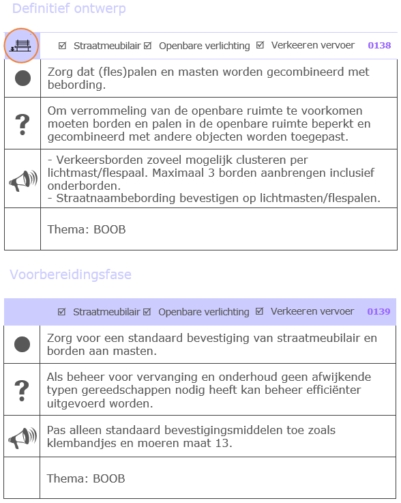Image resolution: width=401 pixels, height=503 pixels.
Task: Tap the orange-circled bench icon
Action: pos(22,46)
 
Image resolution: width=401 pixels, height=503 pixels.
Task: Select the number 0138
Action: pos(379,46)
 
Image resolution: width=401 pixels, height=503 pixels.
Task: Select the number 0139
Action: pos(379,312)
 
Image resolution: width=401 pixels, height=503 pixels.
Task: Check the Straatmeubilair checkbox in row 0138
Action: pos(63,46)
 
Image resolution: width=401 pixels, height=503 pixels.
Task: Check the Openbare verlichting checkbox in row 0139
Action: pos(147,312)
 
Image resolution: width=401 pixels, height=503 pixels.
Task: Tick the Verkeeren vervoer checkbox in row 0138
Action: pos(260,46)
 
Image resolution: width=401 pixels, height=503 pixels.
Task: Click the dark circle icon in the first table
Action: pos(23,78)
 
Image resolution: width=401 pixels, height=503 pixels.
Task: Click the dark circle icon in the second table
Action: pos(23,345)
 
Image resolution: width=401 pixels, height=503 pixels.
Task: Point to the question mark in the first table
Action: pos(23,124)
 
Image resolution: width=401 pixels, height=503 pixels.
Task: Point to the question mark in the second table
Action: pos(23,390)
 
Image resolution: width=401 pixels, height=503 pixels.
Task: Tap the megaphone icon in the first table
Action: pos(23,179)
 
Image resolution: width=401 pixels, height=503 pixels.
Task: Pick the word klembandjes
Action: pos(80,444)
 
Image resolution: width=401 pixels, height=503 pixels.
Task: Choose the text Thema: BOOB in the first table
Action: pos(87,229)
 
